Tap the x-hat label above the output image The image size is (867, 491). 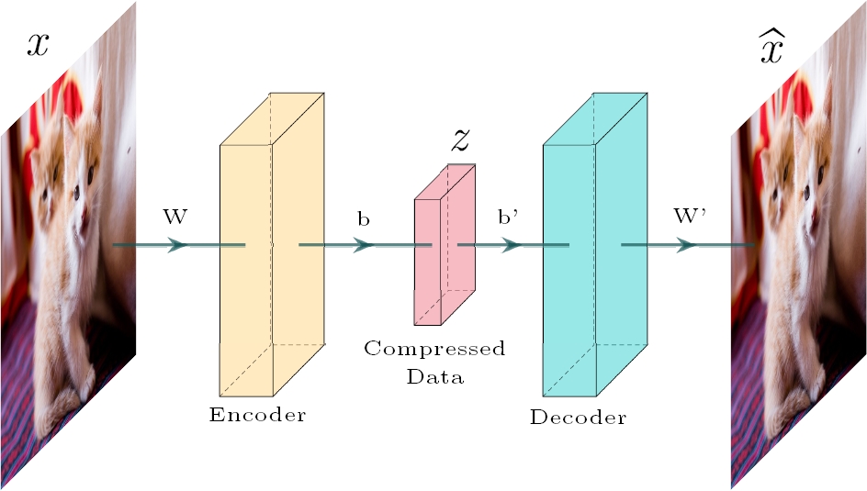771,47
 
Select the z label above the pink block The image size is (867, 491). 462,139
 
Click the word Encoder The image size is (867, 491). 257,415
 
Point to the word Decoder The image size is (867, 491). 578,418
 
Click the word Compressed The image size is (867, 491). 434,350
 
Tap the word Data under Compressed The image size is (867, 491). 435,376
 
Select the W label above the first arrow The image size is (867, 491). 175,218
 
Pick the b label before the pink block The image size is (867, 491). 365,220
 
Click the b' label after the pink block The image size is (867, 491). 509,220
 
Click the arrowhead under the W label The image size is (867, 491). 177,245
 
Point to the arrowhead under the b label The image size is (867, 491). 364,245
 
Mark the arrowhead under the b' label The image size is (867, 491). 510,245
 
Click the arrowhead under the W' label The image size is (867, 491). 686,245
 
